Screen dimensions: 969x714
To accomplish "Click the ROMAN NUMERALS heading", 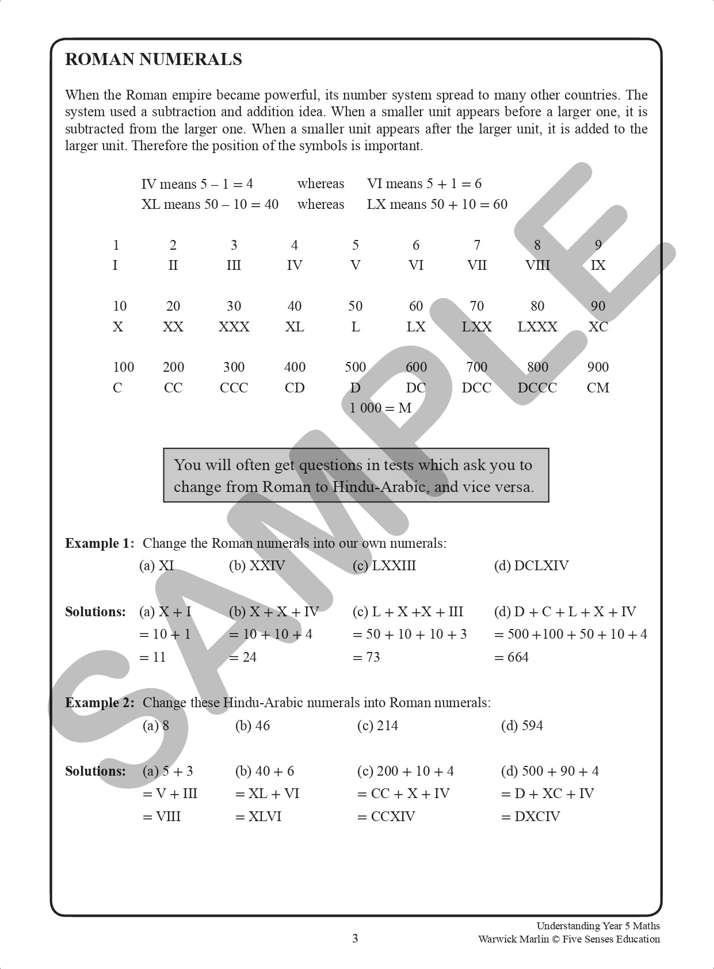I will (154, 59).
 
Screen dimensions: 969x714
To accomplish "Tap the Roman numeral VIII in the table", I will (537, 265).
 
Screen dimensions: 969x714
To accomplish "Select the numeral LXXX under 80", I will (537, 327).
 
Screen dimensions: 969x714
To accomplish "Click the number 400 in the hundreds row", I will (295, 367).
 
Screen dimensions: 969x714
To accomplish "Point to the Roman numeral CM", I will (598, 388).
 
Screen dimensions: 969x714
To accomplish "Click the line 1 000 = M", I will (380, 408).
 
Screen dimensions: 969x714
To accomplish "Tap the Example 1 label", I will (100, 543).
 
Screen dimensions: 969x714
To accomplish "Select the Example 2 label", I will (100, 703).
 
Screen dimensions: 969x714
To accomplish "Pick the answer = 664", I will (511, 657).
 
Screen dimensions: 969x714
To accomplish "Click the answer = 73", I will (366, 657).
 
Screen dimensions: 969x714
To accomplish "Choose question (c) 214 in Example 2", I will (377, 726).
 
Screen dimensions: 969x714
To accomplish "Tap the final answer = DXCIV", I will (530, 817).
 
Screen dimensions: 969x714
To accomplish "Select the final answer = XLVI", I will (258, 817).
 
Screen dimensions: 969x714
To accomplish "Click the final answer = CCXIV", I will (386, 817).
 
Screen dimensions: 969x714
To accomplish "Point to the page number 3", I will (355, 939).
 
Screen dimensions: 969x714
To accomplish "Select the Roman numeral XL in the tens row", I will (295, 327).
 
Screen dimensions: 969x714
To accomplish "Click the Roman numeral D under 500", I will (356, 388).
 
